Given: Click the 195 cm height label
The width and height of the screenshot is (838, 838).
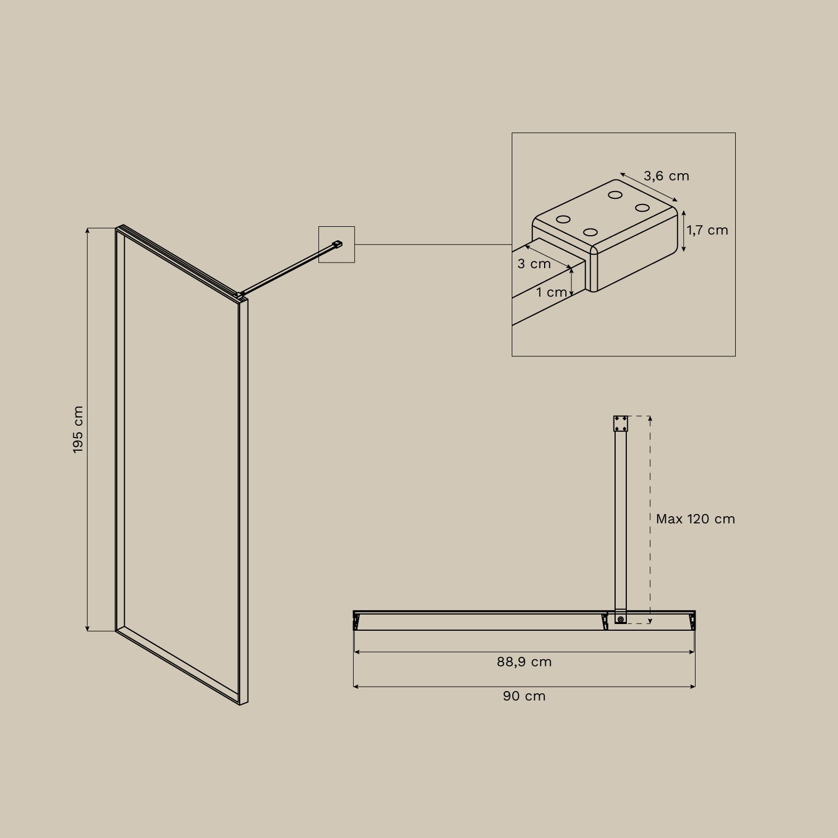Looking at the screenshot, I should click(x=78, y=430).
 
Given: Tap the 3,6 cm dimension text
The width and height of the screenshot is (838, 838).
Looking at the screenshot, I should click(x=666, y=176).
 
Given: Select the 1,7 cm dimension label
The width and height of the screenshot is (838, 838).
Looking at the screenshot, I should click(x=708, y=230).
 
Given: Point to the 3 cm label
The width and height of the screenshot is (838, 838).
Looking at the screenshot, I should click(x=534, y=264).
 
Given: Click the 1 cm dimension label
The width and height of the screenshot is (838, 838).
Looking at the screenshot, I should click(x=551, y=292).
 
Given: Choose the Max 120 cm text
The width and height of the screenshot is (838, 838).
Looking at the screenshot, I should click(x=695, y=519).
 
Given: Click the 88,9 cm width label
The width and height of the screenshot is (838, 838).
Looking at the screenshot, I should click(x=524, y=662).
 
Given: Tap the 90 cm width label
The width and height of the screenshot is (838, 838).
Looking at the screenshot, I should click(x=524, y=696).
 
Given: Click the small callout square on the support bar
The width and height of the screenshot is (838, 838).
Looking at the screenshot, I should click(x=336, y=244).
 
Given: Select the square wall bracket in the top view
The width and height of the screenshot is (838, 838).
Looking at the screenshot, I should click(x=621, y=423).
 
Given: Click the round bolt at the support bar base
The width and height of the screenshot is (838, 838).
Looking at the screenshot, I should click(x=621, y=619).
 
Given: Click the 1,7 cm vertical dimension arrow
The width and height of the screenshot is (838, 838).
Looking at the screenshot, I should click(x=684, y=231).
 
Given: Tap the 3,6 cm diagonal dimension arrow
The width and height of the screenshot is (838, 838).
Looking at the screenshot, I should click(x=649, y=187).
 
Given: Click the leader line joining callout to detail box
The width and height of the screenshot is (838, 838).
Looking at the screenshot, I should click(x=433, y=244).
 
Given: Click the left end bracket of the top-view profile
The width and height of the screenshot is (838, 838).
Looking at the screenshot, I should click(x=356, y=621).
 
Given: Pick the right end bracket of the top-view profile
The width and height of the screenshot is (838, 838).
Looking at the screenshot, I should click(x=692, y=621).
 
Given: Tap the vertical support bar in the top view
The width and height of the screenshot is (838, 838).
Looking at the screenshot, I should click(x=621, y=520).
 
